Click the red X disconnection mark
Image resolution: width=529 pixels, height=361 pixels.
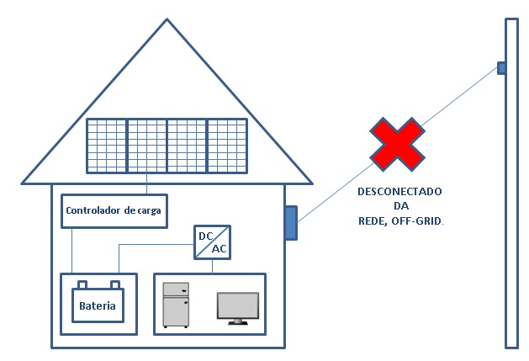point(398,144)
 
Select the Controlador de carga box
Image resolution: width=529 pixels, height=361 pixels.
point(112,210)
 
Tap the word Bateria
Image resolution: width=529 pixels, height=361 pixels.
point(97,305)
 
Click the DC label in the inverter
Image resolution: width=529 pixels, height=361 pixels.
point(205,236)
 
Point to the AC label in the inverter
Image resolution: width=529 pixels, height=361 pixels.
point(219,250)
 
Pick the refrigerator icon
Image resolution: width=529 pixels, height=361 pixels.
point(175,304)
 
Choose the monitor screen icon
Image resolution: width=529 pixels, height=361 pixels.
point(238,304)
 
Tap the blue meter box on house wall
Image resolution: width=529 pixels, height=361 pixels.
point(291,223)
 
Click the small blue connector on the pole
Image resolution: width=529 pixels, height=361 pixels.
point(500,67)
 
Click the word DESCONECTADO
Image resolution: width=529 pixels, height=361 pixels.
point(400,191)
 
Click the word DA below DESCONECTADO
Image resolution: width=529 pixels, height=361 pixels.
point(400,205)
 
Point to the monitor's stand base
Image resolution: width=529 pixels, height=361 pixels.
point(238,322)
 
